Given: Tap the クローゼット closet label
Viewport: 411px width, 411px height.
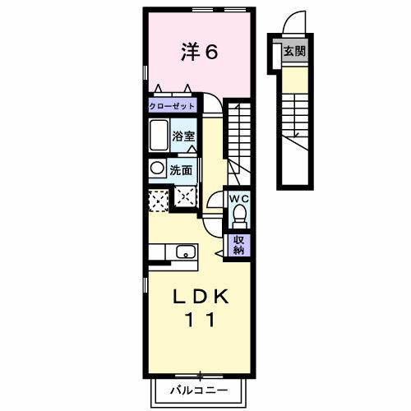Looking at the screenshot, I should [x=173, y=106].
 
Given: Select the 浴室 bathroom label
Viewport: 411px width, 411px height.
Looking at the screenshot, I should [x=183, y=136].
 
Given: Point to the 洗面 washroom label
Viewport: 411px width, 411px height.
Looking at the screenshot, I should [x=181, y=171].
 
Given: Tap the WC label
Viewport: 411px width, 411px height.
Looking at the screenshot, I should [x=239, y=198].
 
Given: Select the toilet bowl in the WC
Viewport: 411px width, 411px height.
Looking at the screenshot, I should [x=239, y=216].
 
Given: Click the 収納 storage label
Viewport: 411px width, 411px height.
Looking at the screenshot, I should [x=239, y=244].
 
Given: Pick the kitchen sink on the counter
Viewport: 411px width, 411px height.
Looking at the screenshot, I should [x=185, y=253].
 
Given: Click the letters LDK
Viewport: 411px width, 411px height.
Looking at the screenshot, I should [x=200, y=297].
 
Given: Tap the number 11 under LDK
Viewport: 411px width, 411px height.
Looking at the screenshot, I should [x=200, y=321].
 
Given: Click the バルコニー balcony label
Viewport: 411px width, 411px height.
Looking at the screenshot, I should [x=199, y=389].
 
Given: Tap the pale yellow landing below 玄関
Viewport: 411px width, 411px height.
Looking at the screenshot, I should [x=295, y=78].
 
